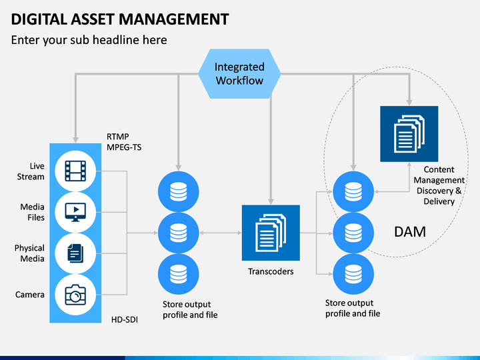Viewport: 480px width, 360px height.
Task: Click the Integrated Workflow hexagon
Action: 239,74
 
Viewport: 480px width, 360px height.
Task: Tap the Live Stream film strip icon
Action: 75,171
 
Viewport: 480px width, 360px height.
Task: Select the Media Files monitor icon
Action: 75,212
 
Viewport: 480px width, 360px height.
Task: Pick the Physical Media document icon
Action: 75,253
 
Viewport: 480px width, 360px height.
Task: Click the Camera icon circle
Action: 75,295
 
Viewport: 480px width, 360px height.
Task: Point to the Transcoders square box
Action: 271,233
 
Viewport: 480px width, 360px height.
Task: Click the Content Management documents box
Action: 409,134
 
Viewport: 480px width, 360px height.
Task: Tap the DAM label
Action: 410,232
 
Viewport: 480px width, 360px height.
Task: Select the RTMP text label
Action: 118,137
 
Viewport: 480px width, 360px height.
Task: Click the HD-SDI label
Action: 125,319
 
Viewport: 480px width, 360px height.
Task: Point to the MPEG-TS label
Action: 124,147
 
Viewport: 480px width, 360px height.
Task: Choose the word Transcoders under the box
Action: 271,271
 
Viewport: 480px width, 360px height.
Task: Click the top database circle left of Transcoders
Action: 179,191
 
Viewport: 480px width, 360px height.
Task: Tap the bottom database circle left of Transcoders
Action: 179,274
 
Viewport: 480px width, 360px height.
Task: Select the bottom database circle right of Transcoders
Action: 353,274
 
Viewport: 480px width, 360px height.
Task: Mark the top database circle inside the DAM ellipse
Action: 353,191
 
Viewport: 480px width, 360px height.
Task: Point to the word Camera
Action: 30,295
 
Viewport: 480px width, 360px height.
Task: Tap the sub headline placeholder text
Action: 89,40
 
